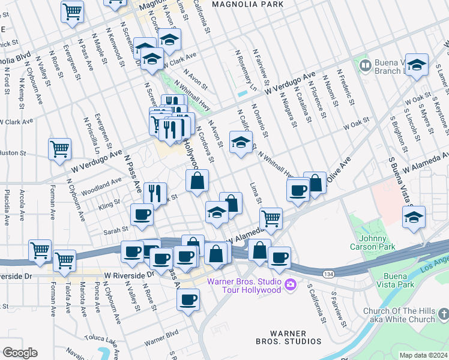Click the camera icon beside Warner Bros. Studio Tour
click(291, 284)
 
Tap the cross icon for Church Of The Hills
click(442, 313)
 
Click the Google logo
click(20, 353)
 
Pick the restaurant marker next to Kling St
click(155, 193)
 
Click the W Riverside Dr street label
click(129, 273)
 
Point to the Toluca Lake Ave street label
click(118, 344)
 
